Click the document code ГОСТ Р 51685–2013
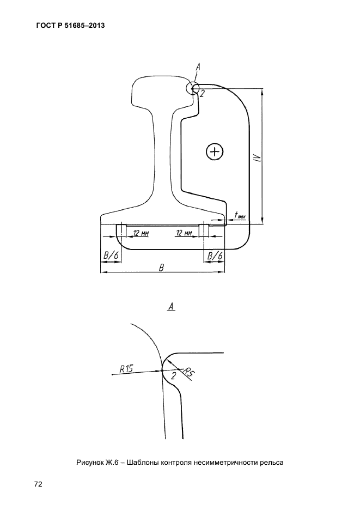pyautogui.click(x=70, y=25)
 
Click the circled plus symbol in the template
pyautogui.click(x=215, y=151)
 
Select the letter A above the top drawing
pyautogui.click(x=198, y=67)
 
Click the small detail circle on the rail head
pyautogui.click(x=193, y=88)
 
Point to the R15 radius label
pyautogui.click(x=126, y=368)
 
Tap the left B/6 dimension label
pyautogui.click(x=110, y=256)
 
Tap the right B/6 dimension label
pyautogui.click(x=214, y=256)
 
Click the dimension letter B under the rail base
pyautogui.click(x=161, y=268)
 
